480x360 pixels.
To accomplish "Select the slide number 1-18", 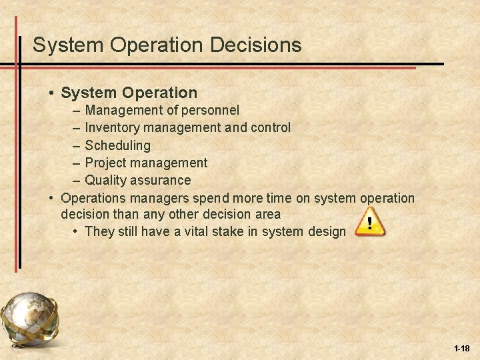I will coord(461,348).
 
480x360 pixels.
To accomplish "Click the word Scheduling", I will coord(118,145).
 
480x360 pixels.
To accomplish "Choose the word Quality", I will coord(106,180).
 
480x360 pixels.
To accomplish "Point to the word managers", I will coord(161,198).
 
